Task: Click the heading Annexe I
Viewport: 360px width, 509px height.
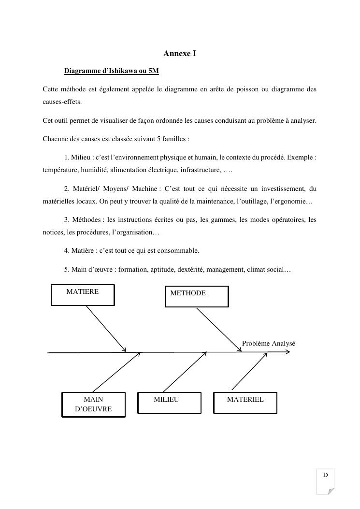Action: click(x=179, y=54)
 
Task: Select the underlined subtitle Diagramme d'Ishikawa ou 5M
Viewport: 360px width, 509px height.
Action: click(x=111, y=71)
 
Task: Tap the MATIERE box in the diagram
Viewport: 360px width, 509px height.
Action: click(x=83, y=294)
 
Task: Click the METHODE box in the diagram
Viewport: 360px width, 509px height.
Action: click(x=197, y=296)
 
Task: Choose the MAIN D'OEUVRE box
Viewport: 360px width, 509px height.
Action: click(x=93, y=404)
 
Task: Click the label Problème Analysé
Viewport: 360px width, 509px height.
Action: click(x=268, y=343)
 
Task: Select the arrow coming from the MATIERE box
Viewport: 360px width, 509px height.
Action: click(x=106, y=329)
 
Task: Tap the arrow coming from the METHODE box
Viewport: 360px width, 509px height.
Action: click(x=219, y=330)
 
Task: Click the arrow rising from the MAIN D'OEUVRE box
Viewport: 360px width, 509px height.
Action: click(x=116, y=372)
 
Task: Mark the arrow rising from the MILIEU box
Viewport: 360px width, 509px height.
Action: click(x=185, y=372)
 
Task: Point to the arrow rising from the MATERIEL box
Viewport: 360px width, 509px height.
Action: click(x=249, y=371)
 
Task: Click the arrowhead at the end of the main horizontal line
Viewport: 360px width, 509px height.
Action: click(x=288, y=352)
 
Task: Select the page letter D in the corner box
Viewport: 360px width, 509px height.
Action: click(x=325, y=475)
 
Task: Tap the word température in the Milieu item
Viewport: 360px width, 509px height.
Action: click(x=58, y=170)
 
